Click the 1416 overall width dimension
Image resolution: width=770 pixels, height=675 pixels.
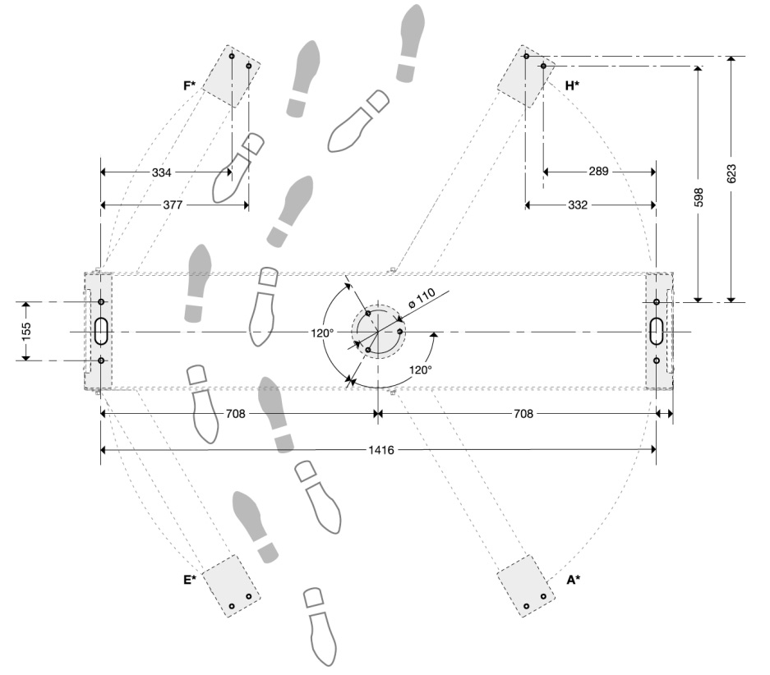pos(377,450)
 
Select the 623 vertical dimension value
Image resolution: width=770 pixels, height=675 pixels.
pos(731,174)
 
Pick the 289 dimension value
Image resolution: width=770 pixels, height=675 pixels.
pos(598,172)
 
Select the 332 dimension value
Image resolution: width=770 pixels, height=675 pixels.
pos(577,204)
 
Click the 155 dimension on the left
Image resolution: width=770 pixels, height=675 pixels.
pos(25,331)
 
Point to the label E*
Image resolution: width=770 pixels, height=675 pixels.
pos(190,580)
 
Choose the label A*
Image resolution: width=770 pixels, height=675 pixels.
pos(573,580)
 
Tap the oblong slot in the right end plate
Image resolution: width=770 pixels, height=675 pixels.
pos(658,331)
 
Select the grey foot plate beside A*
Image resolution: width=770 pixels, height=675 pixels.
pos(528,585)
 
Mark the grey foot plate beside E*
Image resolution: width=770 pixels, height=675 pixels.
pos(233,586)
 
